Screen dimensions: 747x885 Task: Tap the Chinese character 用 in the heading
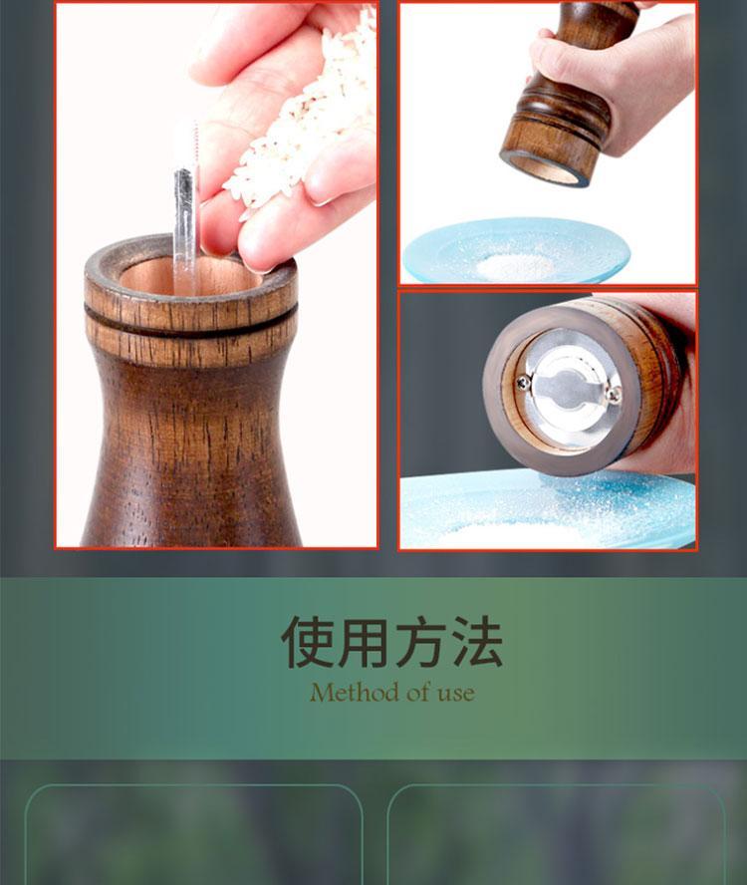tap(364, 642)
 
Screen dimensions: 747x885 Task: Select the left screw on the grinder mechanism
tap(523, 383)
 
